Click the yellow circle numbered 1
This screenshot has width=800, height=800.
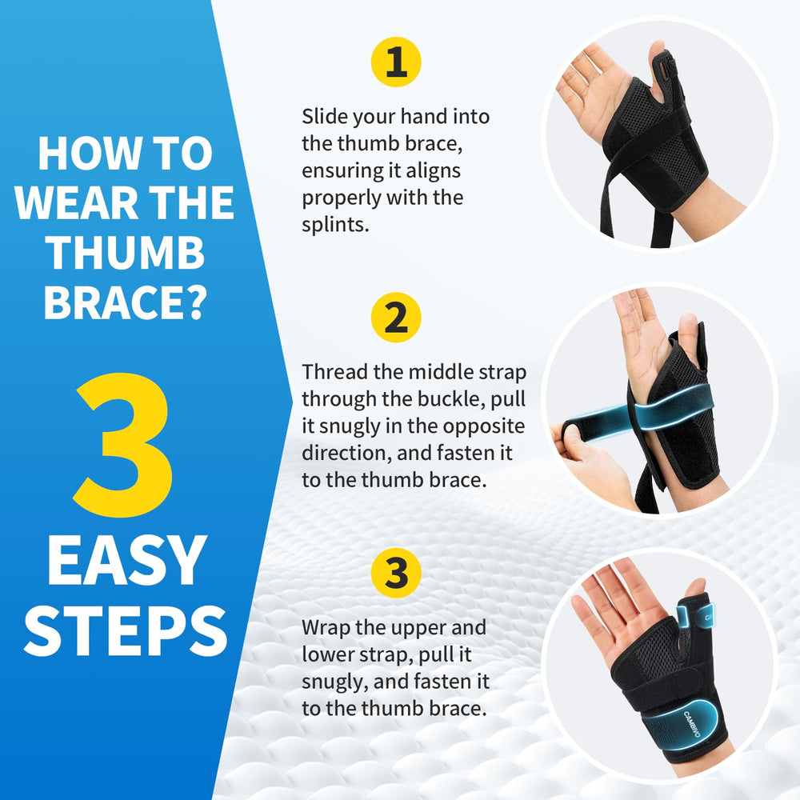pyautogui.click(x=396, y=62)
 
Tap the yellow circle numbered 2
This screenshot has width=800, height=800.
pyautogui.click(x=396, y=318)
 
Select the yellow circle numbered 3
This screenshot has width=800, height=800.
pyautogui.click(x=396, y=573)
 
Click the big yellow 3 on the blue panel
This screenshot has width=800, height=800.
pyautogui.click(x=124, y=445)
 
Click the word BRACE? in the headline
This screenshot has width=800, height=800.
pyautogui.click(x=126, y=302)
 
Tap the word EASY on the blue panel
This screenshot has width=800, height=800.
pyautogui.click(x=127, y=560)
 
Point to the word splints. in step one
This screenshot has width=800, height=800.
pyautogui.click(x=335, y=225)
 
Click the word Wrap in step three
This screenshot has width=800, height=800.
pyautogui.click(x=326, y=627)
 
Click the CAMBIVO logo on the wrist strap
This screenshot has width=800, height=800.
pyautogui.click(x=692, y=723)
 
